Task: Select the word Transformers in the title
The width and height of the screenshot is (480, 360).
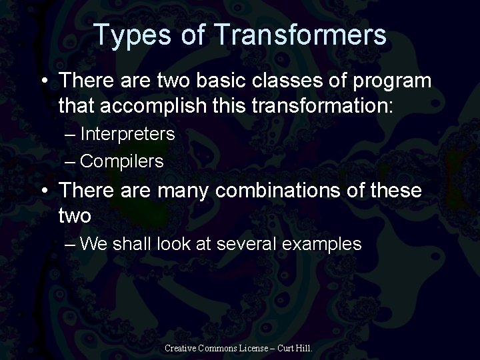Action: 300,35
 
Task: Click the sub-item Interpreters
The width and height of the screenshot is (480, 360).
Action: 127,134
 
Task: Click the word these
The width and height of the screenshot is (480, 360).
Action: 392,191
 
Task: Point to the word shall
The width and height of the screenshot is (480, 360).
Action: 133,244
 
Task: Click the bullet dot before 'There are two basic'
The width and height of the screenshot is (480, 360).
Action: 44,81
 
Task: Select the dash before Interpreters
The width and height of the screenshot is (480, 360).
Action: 72,135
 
